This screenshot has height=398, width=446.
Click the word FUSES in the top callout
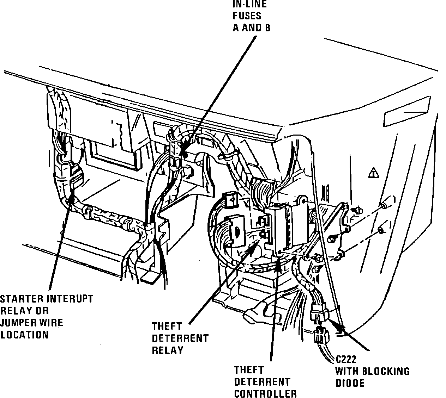[247, 16]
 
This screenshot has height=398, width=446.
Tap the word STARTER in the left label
[18, 299]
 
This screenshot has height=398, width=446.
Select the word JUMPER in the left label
[17, 323]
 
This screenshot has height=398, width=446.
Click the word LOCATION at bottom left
[24, 335]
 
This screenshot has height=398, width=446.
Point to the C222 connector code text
[346, 360]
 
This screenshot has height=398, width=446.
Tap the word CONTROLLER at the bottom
[265, 393]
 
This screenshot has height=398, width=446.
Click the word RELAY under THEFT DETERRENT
[168, 350]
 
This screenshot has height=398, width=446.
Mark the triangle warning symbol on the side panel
[373, 173]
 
